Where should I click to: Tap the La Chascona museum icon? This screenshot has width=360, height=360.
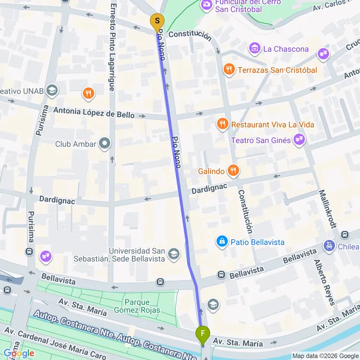point(254,48)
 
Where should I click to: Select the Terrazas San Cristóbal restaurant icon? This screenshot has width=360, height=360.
point(229,70)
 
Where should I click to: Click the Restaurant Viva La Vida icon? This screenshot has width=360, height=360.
point(222,124)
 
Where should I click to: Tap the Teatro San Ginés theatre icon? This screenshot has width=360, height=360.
point(300,140)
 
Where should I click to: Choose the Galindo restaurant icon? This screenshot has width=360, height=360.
point(233,170)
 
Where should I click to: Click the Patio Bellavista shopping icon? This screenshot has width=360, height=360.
point(222,241)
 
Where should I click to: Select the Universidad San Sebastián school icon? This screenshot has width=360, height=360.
point(174,254)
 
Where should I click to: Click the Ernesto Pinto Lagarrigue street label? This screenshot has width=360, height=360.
point(112,47)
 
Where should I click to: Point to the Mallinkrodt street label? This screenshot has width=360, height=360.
point(328,208)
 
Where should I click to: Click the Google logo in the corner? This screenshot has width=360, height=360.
point(18,353)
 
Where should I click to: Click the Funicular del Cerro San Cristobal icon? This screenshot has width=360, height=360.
point(207,4)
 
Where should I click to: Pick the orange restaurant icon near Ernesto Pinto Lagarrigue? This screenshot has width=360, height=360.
point(88,93)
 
